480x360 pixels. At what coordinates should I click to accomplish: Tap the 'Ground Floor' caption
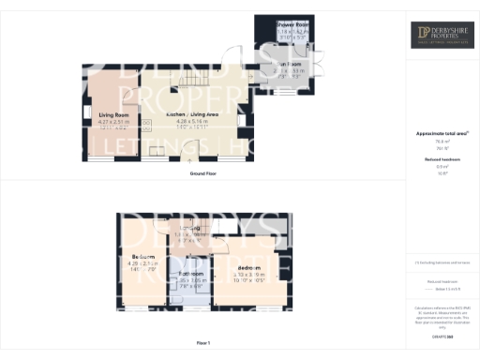coord(202,173)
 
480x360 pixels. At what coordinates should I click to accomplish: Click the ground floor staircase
coord(193,79)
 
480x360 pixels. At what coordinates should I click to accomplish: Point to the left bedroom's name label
coord(143,256)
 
